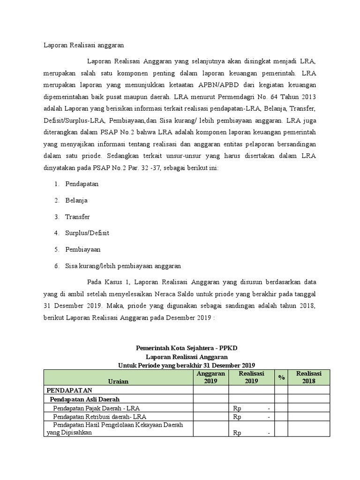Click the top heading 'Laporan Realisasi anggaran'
click(x=80, y=45)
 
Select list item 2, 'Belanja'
click(x=76, y=200)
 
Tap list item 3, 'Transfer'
click(x=77, y=217)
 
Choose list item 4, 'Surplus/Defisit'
click(x=87, y=233)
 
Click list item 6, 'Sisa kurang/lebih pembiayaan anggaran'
click(x=123, y=266)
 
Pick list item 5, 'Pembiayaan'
click(x=83, y=249)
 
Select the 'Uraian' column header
click(x=118, y=381)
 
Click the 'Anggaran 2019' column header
click(x=210, y=377)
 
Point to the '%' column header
click(x=281, y=377)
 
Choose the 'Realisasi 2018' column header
click(x=308, y=377)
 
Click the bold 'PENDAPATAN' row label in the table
click(x=69, y=390)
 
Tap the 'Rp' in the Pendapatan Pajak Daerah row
click(x=237, y=408)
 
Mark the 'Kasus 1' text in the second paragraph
click(x=114, y=282)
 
